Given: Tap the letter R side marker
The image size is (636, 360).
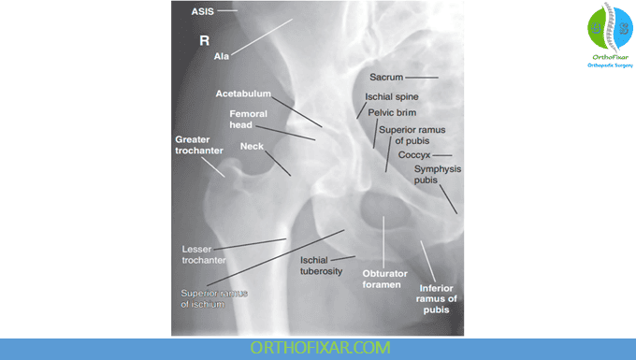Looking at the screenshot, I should pyautogui.click(x=205, y=42).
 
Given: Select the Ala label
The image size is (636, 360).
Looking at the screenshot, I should pyautogui.click(x=222, y=57).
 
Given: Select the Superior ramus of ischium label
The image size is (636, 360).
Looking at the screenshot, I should pyautogui.click(x=215, y=298).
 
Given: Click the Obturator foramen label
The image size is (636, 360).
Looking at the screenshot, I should pyautogui.click(x=383, y=278).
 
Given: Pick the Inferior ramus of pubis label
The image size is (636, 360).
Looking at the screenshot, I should pyautogui.click(x=438, y=298).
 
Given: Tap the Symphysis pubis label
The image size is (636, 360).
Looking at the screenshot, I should pyautogui.click(x=438, y=175).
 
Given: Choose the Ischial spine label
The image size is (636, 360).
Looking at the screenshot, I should pyautogui.click(x=392, y=96).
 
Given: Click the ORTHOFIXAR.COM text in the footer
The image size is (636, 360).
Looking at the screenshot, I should pyautogui.click(x=317, y=348).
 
